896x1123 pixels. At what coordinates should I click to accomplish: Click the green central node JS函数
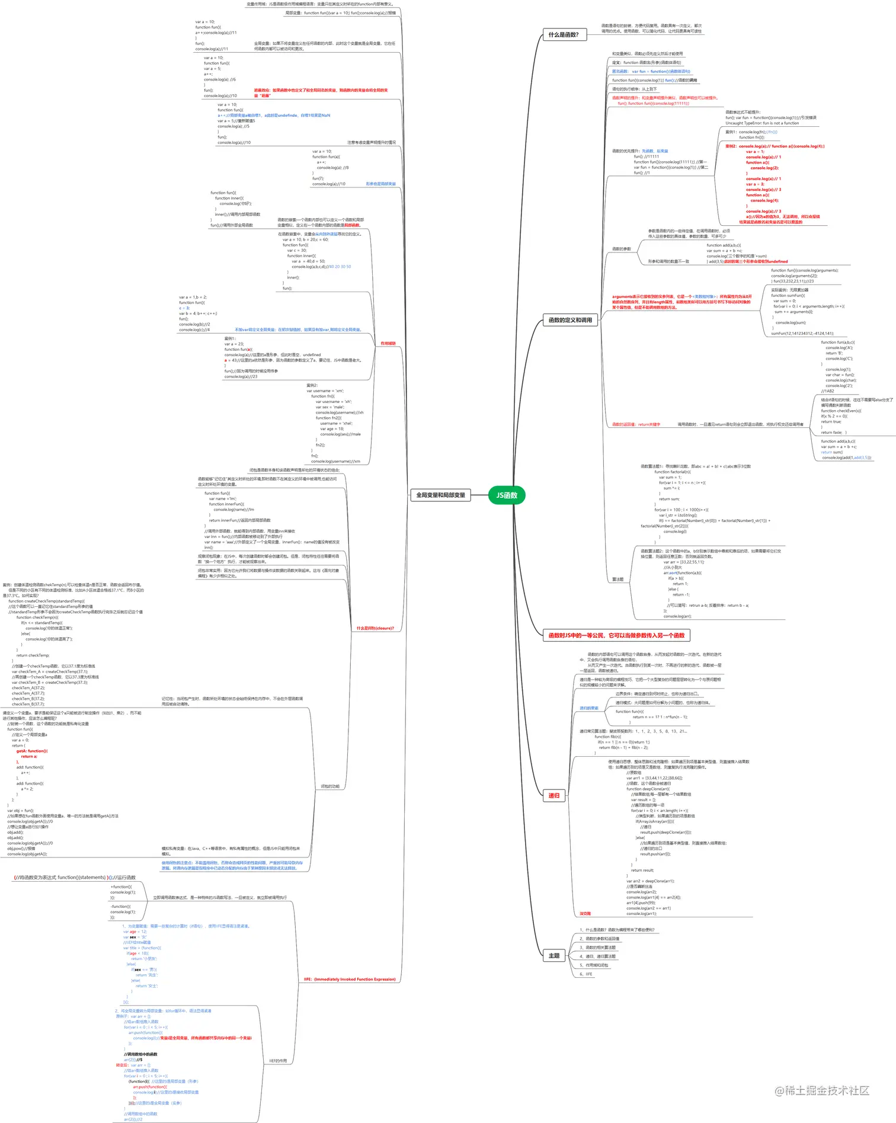point(507,495)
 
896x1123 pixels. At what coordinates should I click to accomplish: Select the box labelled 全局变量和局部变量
point(440,495)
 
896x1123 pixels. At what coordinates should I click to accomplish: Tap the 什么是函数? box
point(564,35)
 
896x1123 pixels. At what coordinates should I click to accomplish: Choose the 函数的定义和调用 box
point(570,320)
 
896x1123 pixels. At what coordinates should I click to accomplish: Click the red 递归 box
point(553,796)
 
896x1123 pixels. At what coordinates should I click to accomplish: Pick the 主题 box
point(553,956)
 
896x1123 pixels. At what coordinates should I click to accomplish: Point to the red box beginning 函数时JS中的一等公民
point(616,635)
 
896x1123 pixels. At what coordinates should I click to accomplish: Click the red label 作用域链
point(388,344)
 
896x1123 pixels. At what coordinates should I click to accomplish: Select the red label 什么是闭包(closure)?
point(375,628)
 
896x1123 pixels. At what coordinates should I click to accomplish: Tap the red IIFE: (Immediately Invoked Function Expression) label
point(350,979)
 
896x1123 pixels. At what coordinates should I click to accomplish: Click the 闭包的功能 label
point(330,786)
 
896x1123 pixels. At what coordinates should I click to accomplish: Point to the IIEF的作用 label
point(278,1061)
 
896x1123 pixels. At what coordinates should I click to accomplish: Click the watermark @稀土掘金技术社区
point(822,1090)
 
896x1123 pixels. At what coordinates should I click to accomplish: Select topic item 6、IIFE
point(585,974)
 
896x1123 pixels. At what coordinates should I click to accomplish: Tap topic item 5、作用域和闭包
point(594,965)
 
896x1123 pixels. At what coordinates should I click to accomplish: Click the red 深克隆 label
point(585,913)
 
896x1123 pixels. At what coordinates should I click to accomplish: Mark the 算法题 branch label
point(617,579)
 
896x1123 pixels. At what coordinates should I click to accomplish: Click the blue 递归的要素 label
point(588,708)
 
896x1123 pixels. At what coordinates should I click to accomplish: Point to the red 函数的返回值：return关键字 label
point(636,424)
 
